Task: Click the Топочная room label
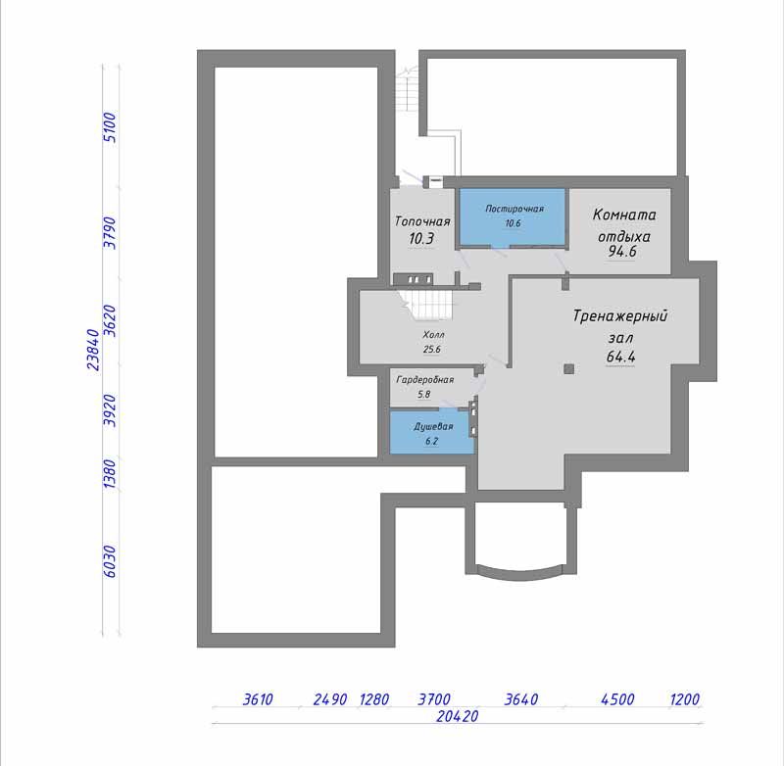422,221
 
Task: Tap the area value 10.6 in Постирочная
513,223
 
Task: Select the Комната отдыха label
624,225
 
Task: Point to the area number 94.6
622,252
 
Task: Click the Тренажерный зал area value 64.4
620,357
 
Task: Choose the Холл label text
433,335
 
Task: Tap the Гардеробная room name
425,380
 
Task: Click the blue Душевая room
431,432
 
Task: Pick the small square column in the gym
569,369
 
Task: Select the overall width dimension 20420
457,716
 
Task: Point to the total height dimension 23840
94,350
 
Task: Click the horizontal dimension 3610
258,699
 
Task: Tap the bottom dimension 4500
617,699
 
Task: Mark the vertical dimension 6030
110,561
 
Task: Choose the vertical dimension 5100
110,127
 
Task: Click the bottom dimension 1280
374,699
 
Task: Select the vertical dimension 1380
110,474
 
